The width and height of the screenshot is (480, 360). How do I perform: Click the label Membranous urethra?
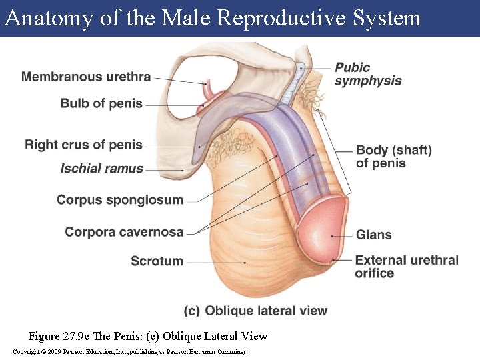click(x=86, y=76)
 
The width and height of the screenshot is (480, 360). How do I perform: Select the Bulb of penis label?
click(x=101, y=103)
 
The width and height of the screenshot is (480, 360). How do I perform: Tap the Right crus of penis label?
click(x=84, y=144)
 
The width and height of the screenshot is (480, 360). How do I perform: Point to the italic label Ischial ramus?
click(x=101, y=168)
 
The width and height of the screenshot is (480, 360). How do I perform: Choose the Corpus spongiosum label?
click(x=120, y=199)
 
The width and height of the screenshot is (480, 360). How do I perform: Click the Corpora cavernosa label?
click(x=124, y=232)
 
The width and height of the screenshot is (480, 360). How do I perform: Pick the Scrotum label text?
click(x=157, y=261)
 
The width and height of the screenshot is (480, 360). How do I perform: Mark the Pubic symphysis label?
click(x=367, y=74)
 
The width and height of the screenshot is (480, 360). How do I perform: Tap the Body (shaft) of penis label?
click(x=393, y=156)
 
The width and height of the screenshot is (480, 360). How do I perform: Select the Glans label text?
click(x=373, y=235)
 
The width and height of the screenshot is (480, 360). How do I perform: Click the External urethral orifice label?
click(x=407, y=266)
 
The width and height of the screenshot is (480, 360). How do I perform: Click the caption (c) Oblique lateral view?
click(x=255, y=310)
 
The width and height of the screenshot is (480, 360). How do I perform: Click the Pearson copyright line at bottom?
click(x=129, y=351)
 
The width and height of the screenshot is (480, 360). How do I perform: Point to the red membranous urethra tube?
click(x=211, y=90)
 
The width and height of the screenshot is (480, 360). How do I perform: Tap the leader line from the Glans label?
click(x=343, y=235)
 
